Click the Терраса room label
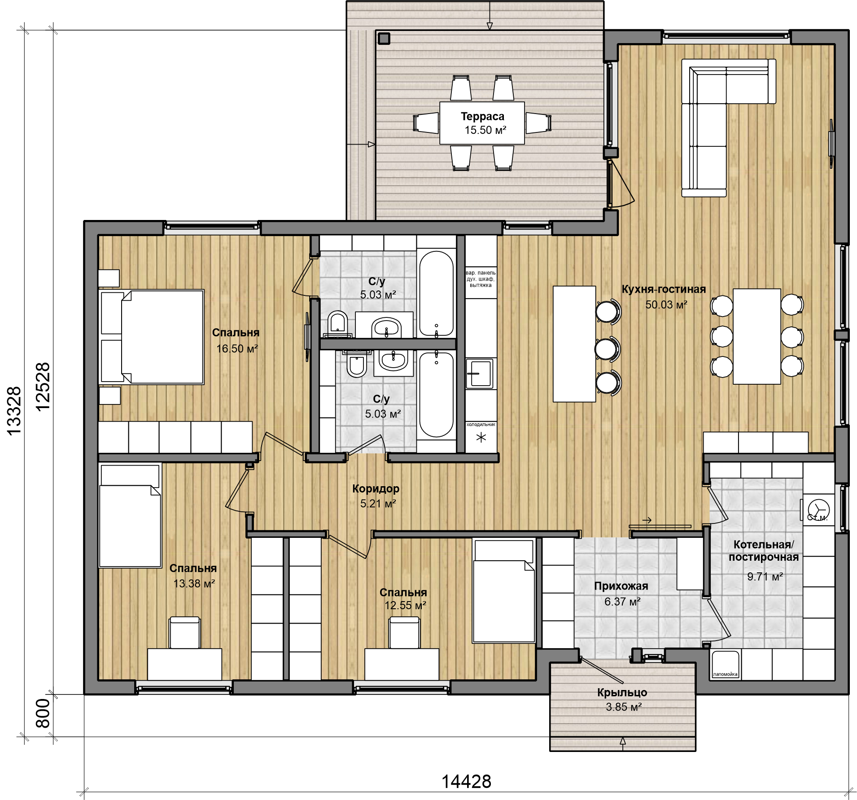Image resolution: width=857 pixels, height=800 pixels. pyautogui.click(x=482, y=117)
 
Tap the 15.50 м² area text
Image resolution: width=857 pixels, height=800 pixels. pyautogui.click(x=485, y=130)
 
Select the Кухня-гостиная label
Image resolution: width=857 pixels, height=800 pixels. pyautogui.click(x=664, y=290)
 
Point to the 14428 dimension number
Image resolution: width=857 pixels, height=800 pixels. pyautogui.click(x=466, y=782)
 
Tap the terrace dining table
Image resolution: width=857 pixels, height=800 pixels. pyautogui.click(x=482, y=123)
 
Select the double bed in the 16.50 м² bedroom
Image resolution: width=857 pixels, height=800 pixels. pyautogui.click(x=152, y=337)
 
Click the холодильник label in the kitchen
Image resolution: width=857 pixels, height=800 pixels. pyautogui.click(x=481, y=424)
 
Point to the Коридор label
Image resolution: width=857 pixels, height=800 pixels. pyautogui.click(x=376, y=488)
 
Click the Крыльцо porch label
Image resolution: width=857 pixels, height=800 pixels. pyautogui.click(x=622, y=693)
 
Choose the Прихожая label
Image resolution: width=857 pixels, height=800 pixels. pyautogui.click(x=621, y=586)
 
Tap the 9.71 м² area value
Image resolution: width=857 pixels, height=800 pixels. pyautogui.click(x=765, y=576)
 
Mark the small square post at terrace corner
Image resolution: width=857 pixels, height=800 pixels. pyautogui.click(x=384, y=39)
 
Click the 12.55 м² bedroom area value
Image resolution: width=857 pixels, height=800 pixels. pyautogui.click(x=405, y=605)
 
